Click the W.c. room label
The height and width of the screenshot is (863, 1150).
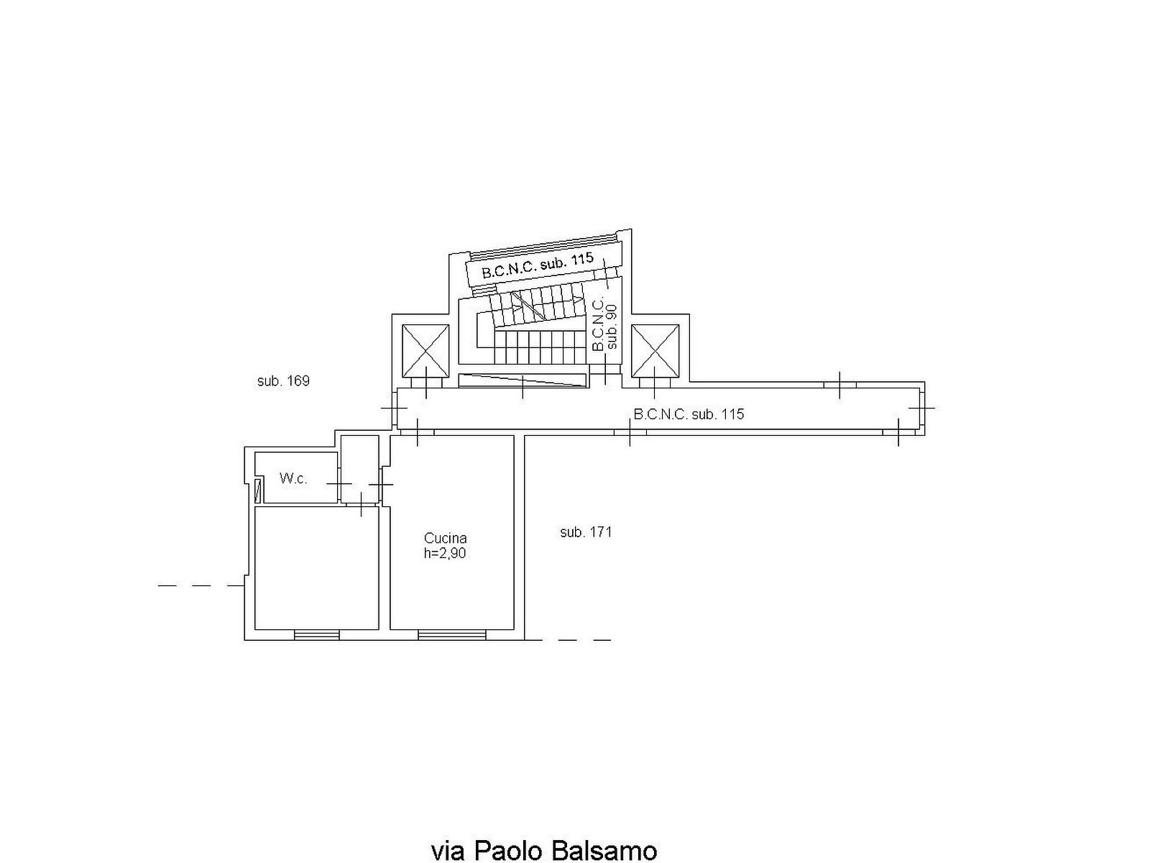(x=293, y=478)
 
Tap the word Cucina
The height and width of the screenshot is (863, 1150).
(x=445, y=538)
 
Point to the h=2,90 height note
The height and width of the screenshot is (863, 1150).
(x=445, y=553)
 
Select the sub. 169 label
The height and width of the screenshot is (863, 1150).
(x=283, y=381)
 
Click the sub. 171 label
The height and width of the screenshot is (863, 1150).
(x=586, y=532)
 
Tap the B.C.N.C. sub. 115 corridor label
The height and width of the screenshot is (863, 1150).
(x=689, y=414)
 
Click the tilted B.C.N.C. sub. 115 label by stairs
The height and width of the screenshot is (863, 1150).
(x=538, y=265)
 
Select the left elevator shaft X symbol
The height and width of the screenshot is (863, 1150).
(x=425, y=350)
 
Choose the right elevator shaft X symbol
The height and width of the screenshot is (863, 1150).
(x=655, y=350)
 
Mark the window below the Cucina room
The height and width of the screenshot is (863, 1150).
(x=451, y=635)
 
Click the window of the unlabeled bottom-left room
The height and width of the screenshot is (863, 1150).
(x=316, y=635)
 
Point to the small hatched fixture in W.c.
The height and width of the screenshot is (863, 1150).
(x=258, y=491)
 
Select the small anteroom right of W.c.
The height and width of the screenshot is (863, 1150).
(x=360, y=469)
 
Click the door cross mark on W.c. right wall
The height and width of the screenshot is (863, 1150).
(x=339, y=484)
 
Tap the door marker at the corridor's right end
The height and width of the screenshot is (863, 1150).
(x=921, y=408)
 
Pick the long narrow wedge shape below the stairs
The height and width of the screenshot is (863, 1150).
(x=522, y=380)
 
